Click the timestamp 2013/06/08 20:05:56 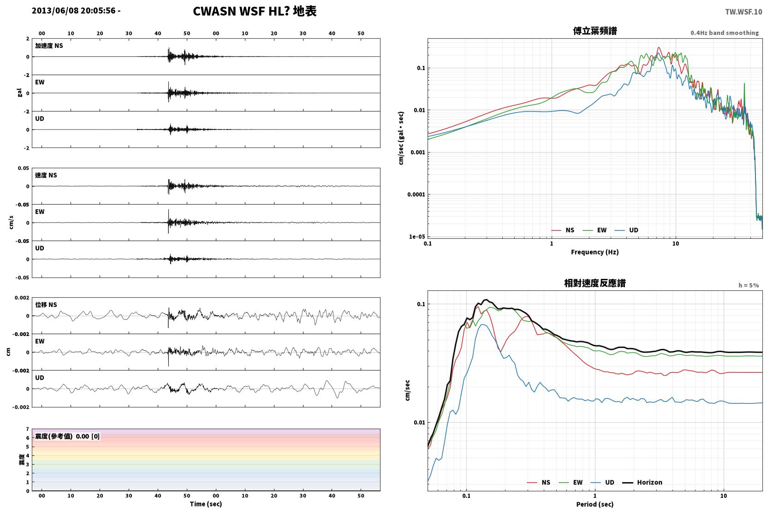(x=74, y=11)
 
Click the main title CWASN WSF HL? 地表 (x=255, y=12)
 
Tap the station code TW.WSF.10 (x=743, y=12)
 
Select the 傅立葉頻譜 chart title (x=595, y=31)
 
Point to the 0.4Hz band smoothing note (x=725, y=33)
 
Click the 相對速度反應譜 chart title (x=595, y=283)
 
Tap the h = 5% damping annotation (x=749, y=285)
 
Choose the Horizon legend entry (x=642, y=482)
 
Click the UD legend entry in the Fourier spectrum (x=627, y=230)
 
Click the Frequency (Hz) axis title (x=595, y=252)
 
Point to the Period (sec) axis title (x=595, y=504)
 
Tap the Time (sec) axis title (x=206, y=504)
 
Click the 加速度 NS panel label (x=49, y=46)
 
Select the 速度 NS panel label (x=46, y=175)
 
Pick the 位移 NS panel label (x=46, y=305)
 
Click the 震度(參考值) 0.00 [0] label (x=67, y=436)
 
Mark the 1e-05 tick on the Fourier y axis (x=417, y=236)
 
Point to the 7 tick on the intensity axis (x=28, y=429)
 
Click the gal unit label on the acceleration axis (x=19, y=93)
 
